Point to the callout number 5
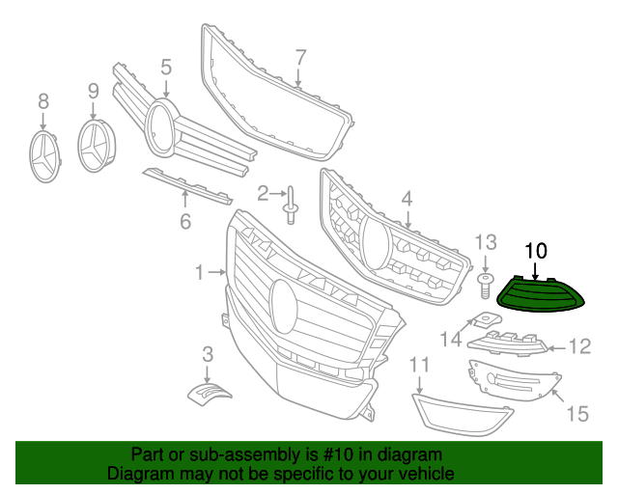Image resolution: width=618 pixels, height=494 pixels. point(165,67)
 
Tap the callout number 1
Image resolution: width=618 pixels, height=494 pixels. point(199,273)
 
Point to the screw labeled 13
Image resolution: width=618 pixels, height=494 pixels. point(485,282)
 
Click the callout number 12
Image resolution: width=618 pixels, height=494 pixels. point(578,346)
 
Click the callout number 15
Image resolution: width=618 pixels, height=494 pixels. point(576,414)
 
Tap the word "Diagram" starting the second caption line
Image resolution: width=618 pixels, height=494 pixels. point(138,474)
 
